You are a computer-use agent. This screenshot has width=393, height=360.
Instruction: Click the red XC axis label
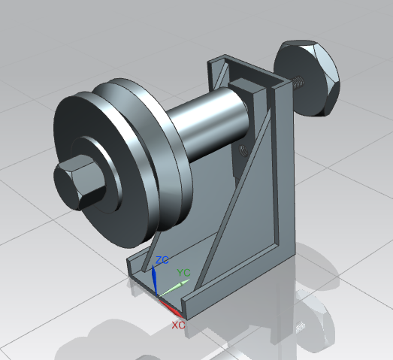(x=178, y=325)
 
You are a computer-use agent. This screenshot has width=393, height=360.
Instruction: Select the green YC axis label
(x=183, y=272)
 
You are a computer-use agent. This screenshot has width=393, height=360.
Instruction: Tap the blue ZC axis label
(x=162, y=260)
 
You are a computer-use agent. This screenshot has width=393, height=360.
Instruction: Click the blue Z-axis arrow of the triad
(x=155, y=280)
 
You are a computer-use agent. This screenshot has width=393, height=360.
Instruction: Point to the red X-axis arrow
(x=172, y=307)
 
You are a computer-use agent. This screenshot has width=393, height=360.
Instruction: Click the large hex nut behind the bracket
(x=309, y=77)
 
